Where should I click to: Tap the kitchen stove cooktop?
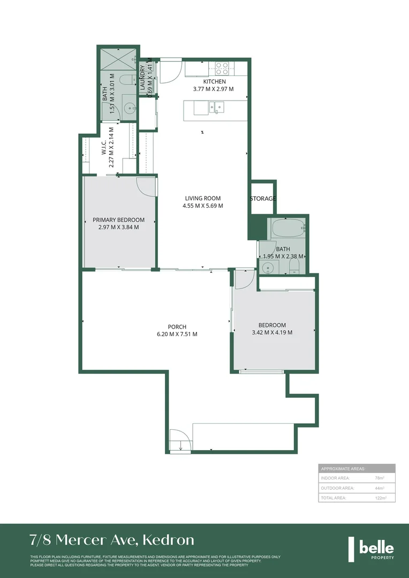click(x=222, y=67)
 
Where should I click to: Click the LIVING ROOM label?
click(x=202, y=198)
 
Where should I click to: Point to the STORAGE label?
click(x=263, y=199)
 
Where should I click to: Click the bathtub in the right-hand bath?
click(x=287, y=229)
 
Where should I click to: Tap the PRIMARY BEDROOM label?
click(x=118, y=220)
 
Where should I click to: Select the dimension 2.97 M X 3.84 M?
click(x=118, y=227)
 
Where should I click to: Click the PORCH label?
click(x=177, y=327)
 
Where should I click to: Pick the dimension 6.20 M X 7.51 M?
click(x=177, y=334)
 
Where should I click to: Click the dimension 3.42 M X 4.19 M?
click(x=272, y=332)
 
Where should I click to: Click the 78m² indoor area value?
click(x=379, y=478)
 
